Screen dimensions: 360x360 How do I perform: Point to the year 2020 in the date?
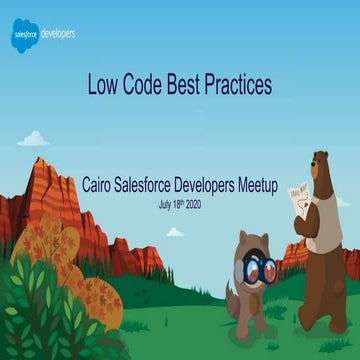click(204, 204)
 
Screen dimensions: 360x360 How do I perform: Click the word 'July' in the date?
click(166, 204)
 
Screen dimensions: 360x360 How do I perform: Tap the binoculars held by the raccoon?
click(262, 267)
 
